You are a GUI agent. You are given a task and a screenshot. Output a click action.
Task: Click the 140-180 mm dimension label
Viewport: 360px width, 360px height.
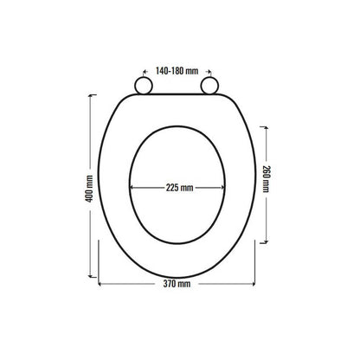(177, 71)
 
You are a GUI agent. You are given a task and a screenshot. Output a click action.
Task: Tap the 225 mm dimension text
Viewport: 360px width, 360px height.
(179, 188)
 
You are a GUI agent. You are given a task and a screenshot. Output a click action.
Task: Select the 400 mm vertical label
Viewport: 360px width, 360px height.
(89, 189)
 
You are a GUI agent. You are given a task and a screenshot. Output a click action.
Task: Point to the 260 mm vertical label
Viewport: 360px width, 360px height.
(266, 179)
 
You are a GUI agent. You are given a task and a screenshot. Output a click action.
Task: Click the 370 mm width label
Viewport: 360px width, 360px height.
(177, 284)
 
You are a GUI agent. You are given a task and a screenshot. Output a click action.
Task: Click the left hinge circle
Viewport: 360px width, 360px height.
(144, 86)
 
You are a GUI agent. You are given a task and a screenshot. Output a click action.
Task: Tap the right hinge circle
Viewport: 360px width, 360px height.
(209, 86)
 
